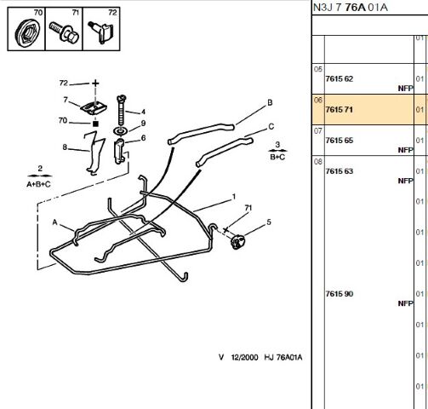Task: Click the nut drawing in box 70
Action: [27, 33]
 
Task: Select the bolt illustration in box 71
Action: [64, 32]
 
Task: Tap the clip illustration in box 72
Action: [101, 32]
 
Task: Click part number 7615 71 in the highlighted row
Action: [340, 110]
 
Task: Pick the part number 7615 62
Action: [340, 78]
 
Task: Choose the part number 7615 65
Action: [340, 141]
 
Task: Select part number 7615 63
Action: [340, 171]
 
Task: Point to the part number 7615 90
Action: [340, 294]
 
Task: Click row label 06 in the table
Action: [318, 100]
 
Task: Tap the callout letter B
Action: [270, 102]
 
